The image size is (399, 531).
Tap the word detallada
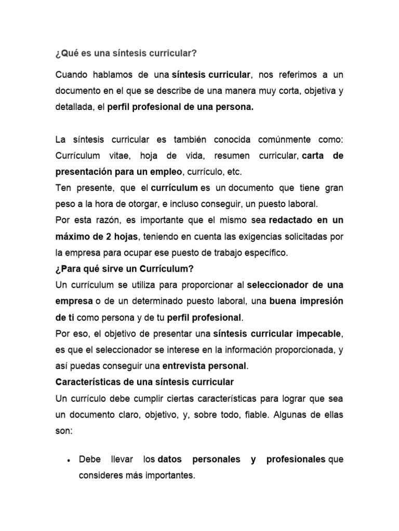coord(73,107)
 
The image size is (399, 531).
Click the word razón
coord(111,220)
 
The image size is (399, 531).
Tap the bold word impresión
coord(316,301)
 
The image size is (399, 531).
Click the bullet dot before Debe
coord(69,460)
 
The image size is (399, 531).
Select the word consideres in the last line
coord(101,475)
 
